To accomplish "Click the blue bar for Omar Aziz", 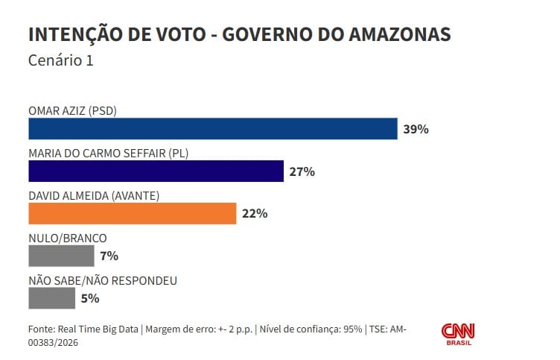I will tap(212, 129).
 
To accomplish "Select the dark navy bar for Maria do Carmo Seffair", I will tap(156, 171).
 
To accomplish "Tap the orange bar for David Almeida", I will tap(132, 214).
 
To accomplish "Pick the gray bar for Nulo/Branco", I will tap(61, 256).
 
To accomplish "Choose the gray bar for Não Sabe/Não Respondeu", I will tap(51, 299).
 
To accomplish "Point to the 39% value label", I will tap(416, 129).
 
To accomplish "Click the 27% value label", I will tap(302, 171).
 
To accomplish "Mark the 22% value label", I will tap(255, 214).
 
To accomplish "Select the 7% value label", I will tap(109, 256).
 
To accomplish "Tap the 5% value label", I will tap(89, 299).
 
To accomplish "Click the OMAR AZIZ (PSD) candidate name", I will tap(72, 111).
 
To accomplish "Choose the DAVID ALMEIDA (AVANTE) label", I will tap(94, 196).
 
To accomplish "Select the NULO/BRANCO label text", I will tap(67, 239).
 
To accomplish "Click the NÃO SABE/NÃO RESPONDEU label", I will tap(102, 281).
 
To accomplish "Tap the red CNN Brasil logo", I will tap(459, 334).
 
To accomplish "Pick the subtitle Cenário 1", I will tap(61, 61).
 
